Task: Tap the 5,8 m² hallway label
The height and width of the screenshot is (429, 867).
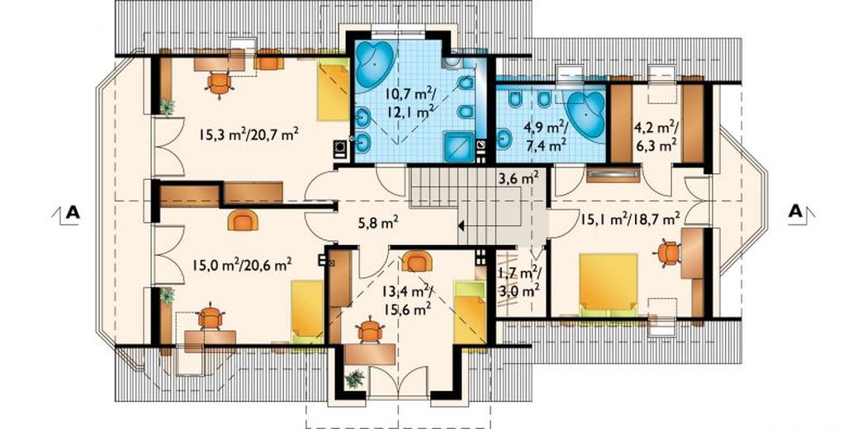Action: pyautogui.click(x=377, y=224)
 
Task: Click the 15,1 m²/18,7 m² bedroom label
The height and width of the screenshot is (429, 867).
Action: pyautogui.click(x=630, y=219)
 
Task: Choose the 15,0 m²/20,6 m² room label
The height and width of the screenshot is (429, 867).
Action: pyautogui.click(x=242, y=266)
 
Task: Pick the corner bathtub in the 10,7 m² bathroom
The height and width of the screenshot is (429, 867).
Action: pyautogui.click(x=374, y=62)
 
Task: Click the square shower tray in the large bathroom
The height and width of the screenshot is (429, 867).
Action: pyautogui.click(x=459, y=148)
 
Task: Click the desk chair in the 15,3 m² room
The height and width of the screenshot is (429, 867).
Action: pyautogui.click(x=220, y=84)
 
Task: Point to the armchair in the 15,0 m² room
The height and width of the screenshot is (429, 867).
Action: pyautogui.click(x=242, y=220)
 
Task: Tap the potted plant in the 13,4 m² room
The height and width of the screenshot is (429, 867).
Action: pyautogui.click(x=354, y=379)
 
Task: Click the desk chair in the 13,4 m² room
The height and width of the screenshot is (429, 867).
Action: pyautogui.click(x=369, y=331)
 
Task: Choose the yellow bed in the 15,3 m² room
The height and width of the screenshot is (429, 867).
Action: pyautogui.click(x=333, y=92)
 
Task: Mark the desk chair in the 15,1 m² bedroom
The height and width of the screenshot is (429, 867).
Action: pyautogui.click(x=669, y=253)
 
